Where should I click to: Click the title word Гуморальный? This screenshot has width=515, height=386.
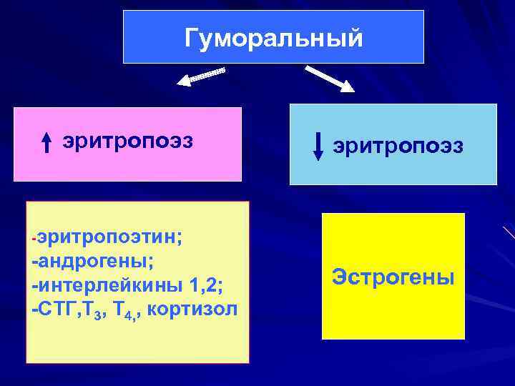pos(273,37)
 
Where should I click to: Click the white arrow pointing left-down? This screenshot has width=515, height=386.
pos(201,76)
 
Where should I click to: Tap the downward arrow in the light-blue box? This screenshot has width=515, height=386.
pos(318,146)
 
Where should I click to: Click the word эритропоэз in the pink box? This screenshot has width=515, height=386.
pos(127,141)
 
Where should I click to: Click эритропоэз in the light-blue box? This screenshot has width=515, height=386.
pos(398,145)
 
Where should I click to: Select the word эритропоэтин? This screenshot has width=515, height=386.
pos(107,237)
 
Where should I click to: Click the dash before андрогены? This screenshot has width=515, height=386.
pos(34,262)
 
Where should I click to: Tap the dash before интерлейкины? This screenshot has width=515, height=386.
pos(34,286)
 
